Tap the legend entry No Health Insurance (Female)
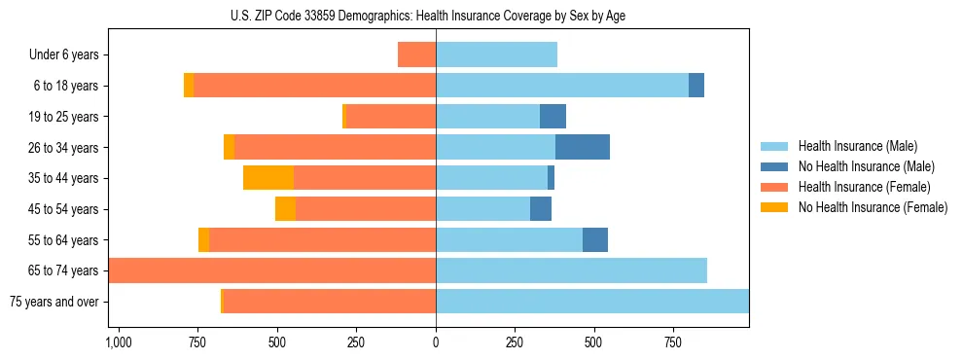[x=873, y=207]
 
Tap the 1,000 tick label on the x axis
[x=118, y=343]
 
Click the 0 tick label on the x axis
[x=436, y=343]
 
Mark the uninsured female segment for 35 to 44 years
[x=268, y=178]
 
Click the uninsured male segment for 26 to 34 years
[x=583, y=147]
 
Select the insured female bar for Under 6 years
[x=417, y=54]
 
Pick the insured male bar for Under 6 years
[x=496, y=54]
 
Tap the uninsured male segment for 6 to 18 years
[x=696, y=86]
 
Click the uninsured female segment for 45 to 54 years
[x=285, y=209]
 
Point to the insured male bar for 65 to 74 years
[x=571, y=270]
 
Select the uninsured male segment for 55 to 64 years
[x=595, y=239]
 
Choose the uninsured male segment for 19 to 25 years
[x=553, y=117]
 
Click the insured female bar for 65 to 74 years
[x=272, y=270]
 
